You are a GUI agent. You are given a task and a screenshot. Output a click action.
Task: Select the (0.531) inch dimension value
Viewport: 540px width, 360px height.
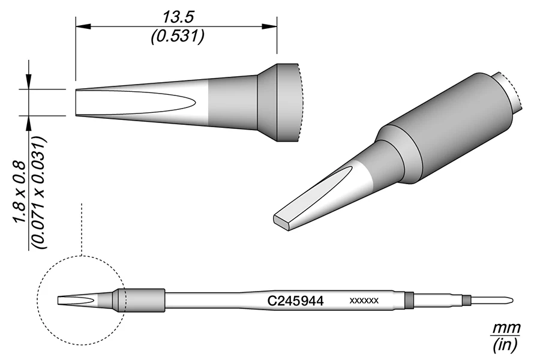click(176, 37)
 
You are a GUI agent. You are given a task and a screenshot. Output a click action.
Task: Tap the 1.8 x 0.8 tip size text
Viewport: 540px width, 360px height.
click(19, 192)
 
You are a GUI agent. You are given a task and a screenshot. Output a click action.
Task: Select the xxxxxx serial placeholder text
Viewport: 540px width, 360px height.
click(364, 301)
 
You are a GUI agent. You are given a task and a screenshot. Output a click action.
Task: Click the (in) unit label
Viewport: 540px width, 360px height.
click(506, 345)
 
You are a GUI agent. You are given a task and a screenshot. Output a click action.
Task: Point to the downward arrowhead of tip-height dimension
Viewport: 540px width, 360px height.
click(29, 84)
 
